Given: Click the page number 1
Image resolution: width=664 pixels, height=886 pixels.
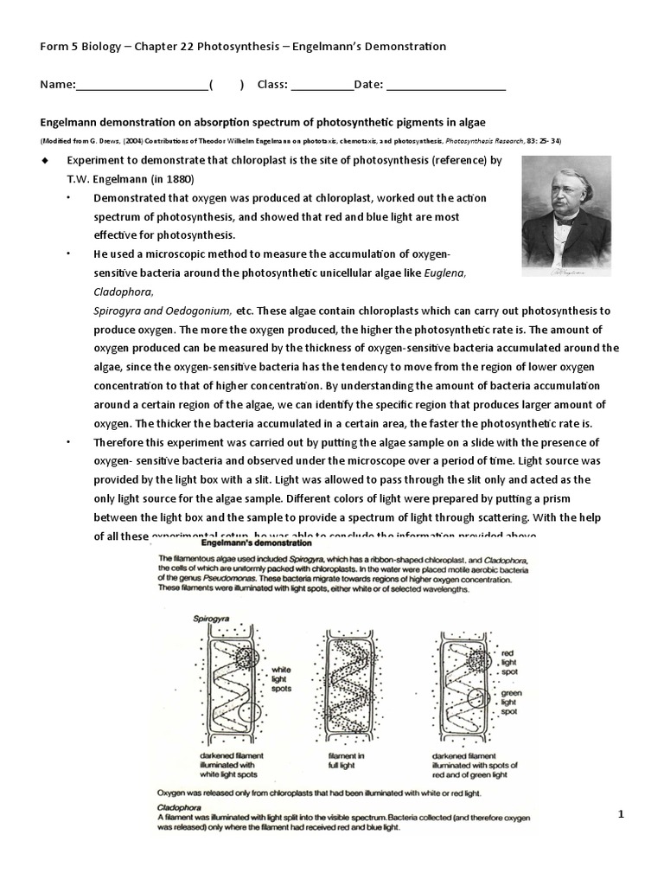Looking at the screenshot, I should [x=621, y=814].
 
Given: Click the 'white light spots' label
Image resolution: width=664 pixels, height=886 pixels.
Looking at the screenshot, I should [x=282, y=679].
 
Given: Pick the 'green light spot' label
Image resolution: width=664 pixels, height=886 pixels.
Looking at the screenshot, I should [x=511, y=702].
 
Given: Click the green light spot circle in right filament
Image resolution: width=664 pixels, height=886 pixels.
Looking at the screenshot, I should [x=475, y=697].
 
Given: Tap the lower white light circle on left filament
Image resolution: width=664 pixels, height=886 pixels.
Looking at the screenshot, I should [x=248, y=715].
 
